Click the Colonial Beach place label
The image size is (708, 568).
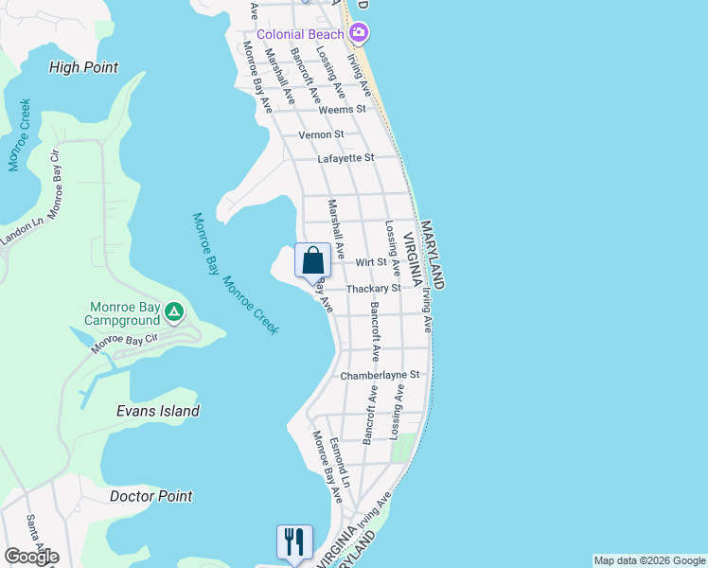coord(301,34)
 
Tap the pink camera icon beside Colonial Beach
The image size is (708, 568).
coord(359,34)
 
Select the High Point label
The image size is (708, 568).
coord(83,67)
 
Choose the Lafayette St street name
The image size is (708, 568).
coord(345,158)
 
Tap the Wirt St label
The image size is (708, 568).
coord(371,262)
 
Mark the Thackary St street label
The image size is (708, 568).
coord(374,288)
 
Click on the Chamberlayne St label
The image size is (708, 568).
coord(379,376)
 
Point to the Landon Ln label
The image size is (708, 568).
coord(23,232)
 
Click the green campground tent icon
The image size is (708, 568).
coord(173,311)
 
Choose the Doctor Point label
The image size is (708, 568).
coord(150,496)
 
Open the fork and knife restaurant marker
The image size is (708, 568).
coord(293,542)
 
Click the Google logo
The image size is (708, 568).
coord(31,557)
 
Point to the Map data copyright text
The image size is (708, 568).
coord(648,560)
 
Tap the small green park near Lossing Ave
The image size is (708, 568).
coord(404,446)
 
